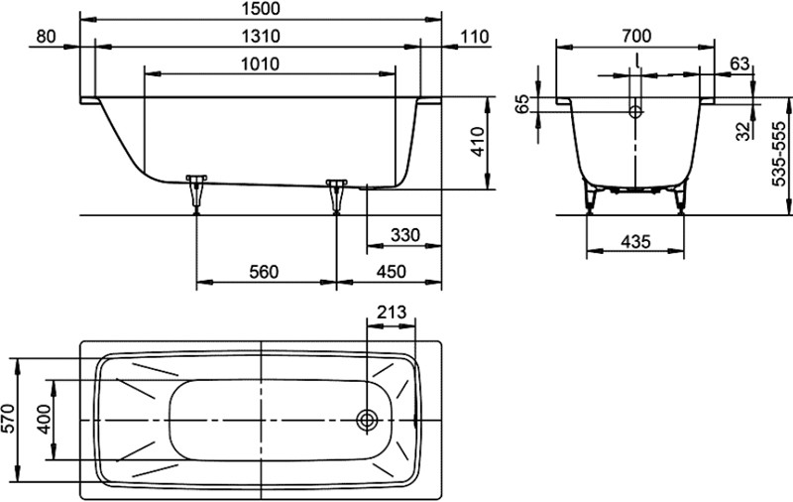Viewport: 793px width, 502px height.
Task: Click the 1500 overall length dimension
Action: click(261, 9)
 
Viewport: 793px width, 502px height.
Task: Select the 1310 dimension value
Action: click(261, 37)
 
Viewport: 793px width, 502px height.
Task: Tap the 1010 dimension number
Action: click(261, 64)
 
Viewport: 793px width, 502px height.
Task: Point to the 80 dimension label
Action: click(47, 37)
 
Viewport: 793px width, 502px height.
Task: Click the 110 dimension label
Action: click(476, 37)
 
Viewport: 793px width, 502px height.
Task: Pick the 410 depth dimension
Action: click(478, 142)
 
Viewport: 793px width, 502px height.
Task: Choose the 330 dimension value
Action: click(405, 235)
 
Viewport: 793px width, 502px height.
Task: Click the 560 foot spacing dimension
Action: click(264, 272)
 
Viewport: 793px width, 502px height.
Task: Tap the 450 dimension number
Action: click(392, 272)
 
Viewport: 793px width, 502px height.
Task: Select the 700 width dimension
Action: click(636, 36)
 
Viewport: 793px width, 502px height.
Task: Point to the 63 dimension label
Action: click(739, 63)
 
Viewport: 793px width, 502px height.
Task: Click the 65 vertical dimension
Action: click(524, 104)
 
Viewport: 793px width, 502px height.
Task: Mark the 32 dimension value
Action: click(742, 132)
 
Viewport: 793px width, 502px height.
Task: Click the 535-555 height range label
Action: click(779, 154)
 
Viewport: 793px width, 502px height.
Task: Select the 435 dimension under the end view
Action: click(635, 242)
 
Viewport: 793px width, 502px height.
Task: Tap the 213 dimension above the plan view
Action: click(392, 313)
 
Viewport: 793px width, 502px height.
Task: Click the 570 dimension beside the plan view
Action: click(9, 419)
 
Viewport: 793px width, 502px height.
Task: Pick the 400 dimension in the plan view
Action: click(45, 419)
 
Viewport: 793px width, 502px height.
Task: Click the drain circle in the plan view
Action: click(367, 420)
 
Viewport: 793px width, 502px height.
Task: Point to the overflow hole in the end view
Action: click(635, 111)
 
